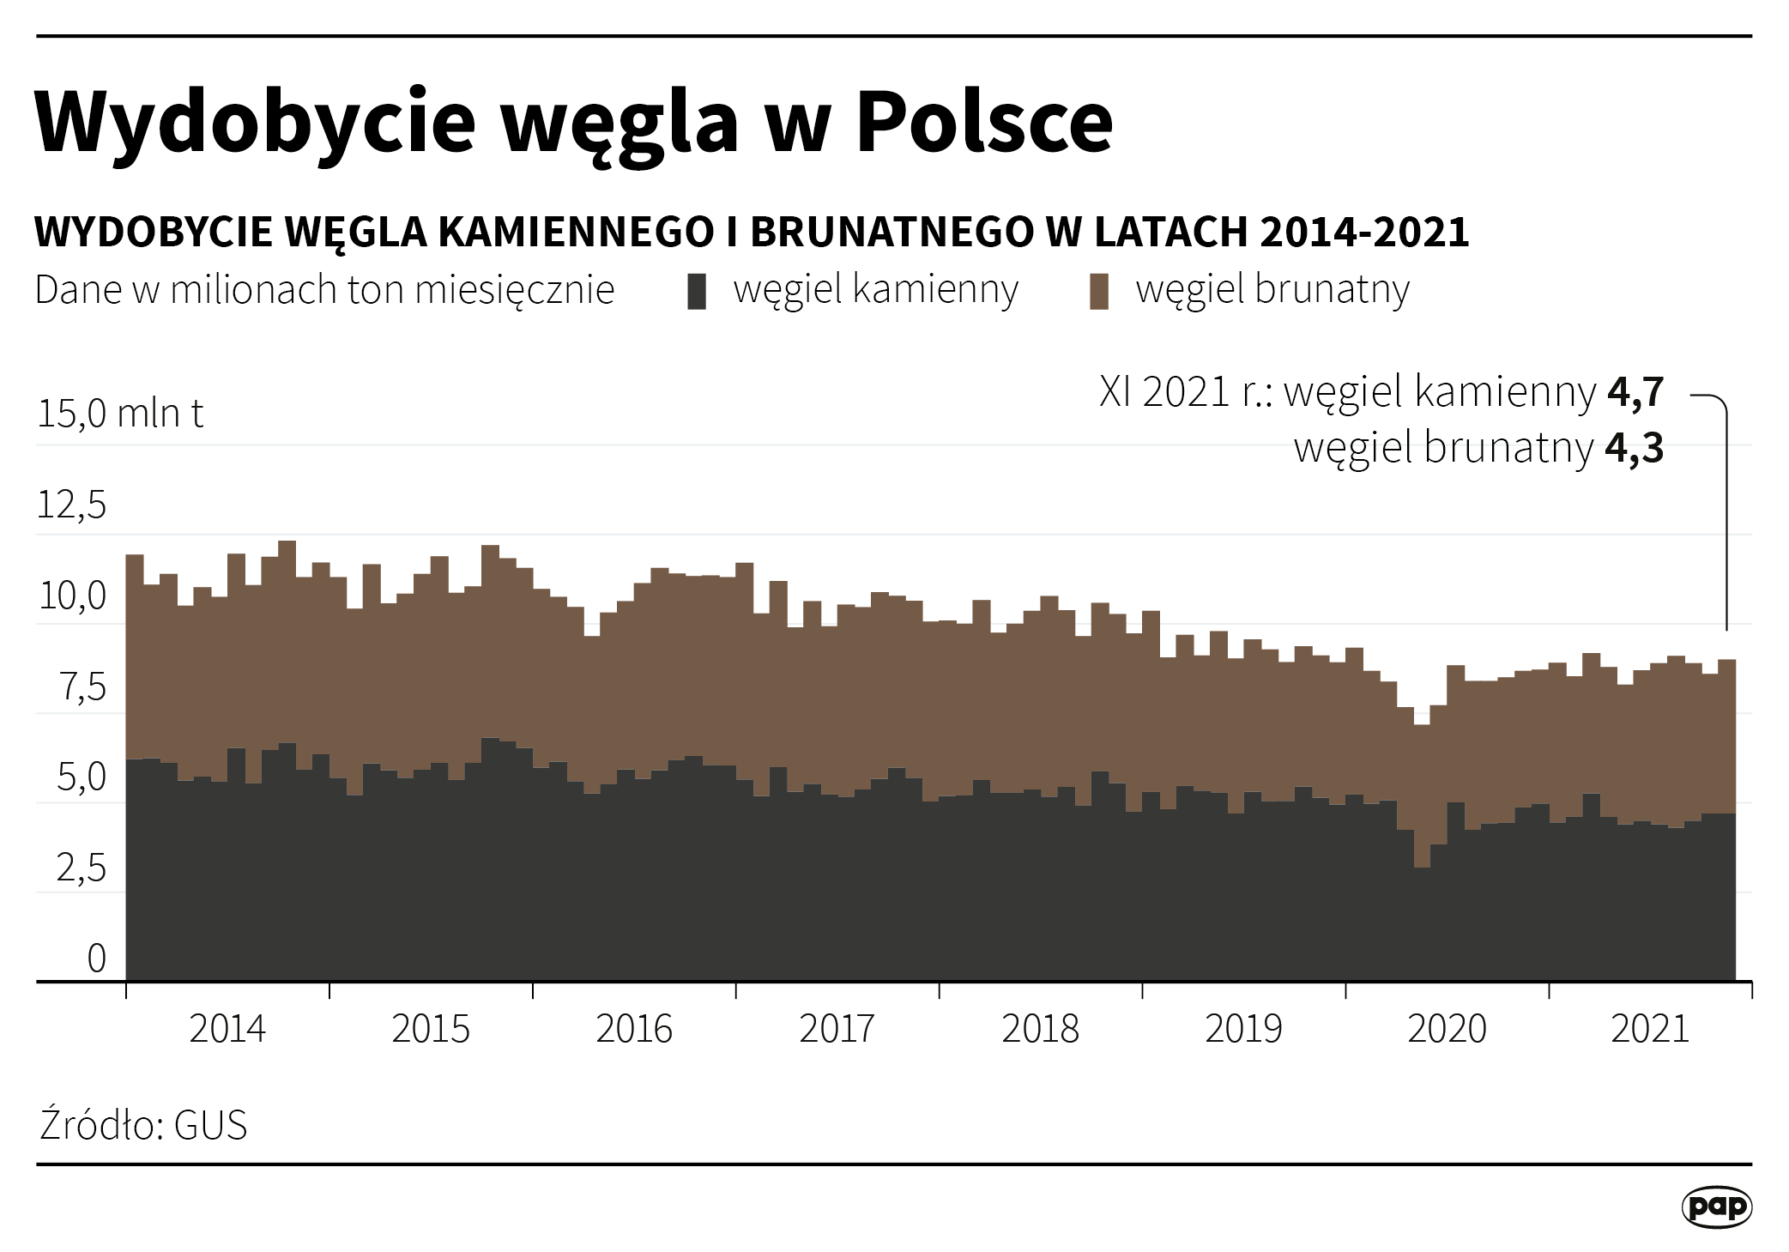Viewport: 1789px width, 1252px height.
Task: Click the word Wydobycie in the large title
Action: tap(255, 122)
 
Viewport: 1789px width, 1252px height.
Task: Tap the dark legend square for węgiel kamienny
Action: tap(697, 291)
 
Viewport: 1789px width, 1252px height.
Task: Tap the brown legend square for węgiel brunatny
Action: tap(1098, 291)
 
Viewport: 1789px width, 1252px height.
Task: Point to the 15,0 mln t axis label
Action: tap(120, 414)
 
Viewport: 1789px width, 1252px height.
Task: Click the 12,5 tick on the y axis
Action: tap(72, 505)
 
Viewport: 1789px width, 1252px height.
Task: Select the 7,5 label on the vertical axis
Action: tap(83, 686)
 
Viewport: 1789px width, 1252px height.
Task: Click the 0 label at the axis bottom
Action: tap(96, 959)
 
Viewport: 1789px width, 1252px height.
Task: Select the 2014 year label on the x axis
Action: tap(227, 1029)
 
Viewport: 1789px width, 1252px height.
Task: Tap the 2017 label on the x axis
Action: tap(837, 1029)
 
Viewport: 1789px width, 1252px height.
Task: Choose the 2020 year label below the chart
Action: tap(1447, 1029)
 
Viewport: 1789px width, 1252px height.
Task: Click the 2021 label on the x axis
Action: tap(1649, 1029)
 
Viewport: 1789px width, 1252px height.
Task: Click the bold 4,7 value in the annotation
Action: tap(1635, 392)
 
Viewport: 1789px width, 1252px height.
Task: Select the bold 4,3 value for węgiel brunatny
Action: tap(1635, 448)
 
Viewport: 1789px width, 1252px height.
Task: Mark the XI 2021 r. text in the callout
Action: tap(1185, 392)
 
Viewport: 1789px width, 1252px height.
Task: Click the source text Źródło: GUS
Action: tap(143, 1125)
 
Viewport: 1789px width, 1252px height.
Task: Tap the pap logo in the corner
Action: tap(1716, 1207)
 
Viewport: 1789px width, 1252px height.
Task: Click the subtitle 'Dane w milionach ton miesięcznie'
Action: tap(324, 290)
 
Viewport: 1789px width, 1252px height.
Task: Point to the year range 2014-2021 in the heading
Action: tap(1364, 232)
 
